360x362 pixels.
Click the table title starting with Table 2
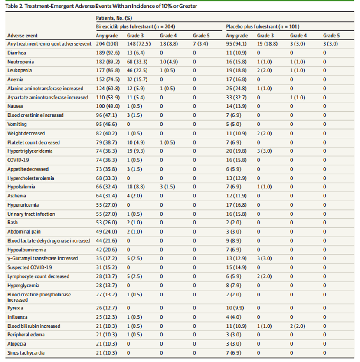click(x=101, y=6)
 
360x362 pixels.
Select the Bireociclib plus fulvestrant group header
click(x=135, y=26)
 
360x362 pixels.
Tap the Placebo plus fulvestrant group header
click(x=262, y=26)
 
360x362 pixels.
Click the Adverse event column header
click(x=23, y=36)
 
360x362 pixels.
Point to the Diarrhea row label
click(x=16, y=53)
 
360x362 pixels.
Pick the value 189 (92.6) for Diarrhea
click(x=108, y=53)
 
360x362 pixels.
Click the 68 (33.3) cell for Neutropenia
click(x=137, y=62)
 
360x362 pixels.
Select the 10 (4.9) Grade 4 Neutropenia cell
click(x=169, y=62)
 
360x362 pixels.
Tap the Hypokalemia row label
click(x=21, y=187)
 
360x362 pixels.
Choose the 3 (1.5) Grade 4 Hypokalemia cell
click(x=167, y=187)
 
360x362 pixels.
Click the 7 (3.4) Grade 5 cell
click(x=200, y=44)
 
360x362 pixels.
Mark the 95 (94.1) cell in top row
click(x=236, y=44)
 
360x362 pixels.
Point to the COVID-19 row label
click(x=18, y=160)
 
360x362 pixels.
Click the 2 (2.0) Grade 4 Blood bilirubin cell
click(x=298, y=326)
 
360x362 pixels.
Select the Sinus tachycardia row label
click(x=26, y=353)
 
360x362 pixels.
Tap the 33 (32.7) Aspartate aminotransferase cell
click(x=236, y=97)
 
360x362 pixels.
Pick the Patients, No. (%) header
click(x=114, y=18)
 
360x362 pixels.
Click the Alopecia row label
click(x=16, y=344)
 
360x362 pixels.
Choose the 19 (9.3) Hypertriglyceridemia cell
click(x=136, y=151)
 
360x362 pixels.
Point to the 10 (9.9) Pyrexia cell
click(x=235, y=308)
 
